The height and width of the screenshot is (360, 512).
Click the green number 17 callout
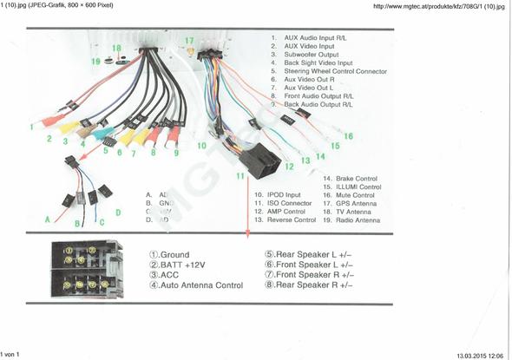click(189, 41)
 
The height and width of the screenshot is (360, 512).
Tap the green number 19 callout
click(96, 62)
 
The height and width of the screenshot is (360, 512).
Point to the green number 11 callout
click(240, 176)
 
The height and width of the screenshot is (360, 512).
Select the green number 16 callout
click(348, 136)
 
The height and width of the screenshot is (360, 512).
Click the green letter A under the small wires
click(48, 220)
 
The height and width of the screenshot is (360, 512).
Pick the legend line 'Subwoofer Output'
click(312, 55)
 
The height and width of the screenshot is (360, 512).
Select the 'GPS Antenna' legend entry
click(351, 203)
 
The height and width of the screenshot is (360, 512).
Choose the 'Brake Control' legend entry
click(351, 178)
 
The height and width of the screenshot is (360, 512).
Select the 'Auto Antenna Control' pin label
click(195, 285)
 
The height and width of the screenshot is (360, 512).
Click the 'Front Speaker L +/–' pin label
click(308, 265)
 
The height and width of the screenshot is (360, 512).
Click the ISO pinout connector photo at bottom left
click(86, 269)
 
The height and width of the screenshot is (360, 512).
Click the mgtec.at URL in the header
click(438, 6)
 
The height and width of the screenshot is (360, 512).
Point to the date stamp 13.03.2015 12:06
click(479, 355)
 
